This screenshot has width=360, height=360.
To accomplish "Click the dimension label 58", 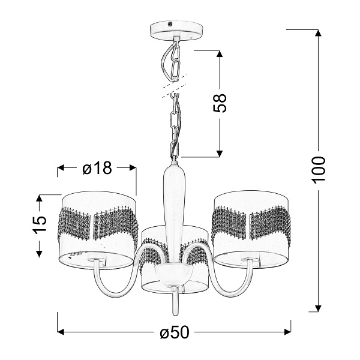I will [x=221, y=103].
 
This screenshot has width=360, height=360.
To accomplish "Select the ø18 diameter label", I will [x=97, y=169].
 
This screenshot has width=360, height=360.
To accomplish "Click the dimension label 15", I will [x=40, y=224].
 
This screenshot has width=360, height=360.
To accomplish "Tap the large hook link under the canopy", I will [x=173, y=59].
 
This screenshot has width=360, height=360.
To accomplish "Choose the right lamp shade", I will [x=253, y=228].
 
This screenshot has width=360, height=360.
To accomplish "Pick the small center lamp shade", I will [x=175, y=264].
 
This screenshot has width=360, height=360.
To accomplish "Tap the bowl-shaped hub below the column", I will [x=174, y=277].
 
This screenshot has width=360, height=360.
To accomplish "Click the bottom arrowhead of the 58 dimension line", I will [x=221, y=152].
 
